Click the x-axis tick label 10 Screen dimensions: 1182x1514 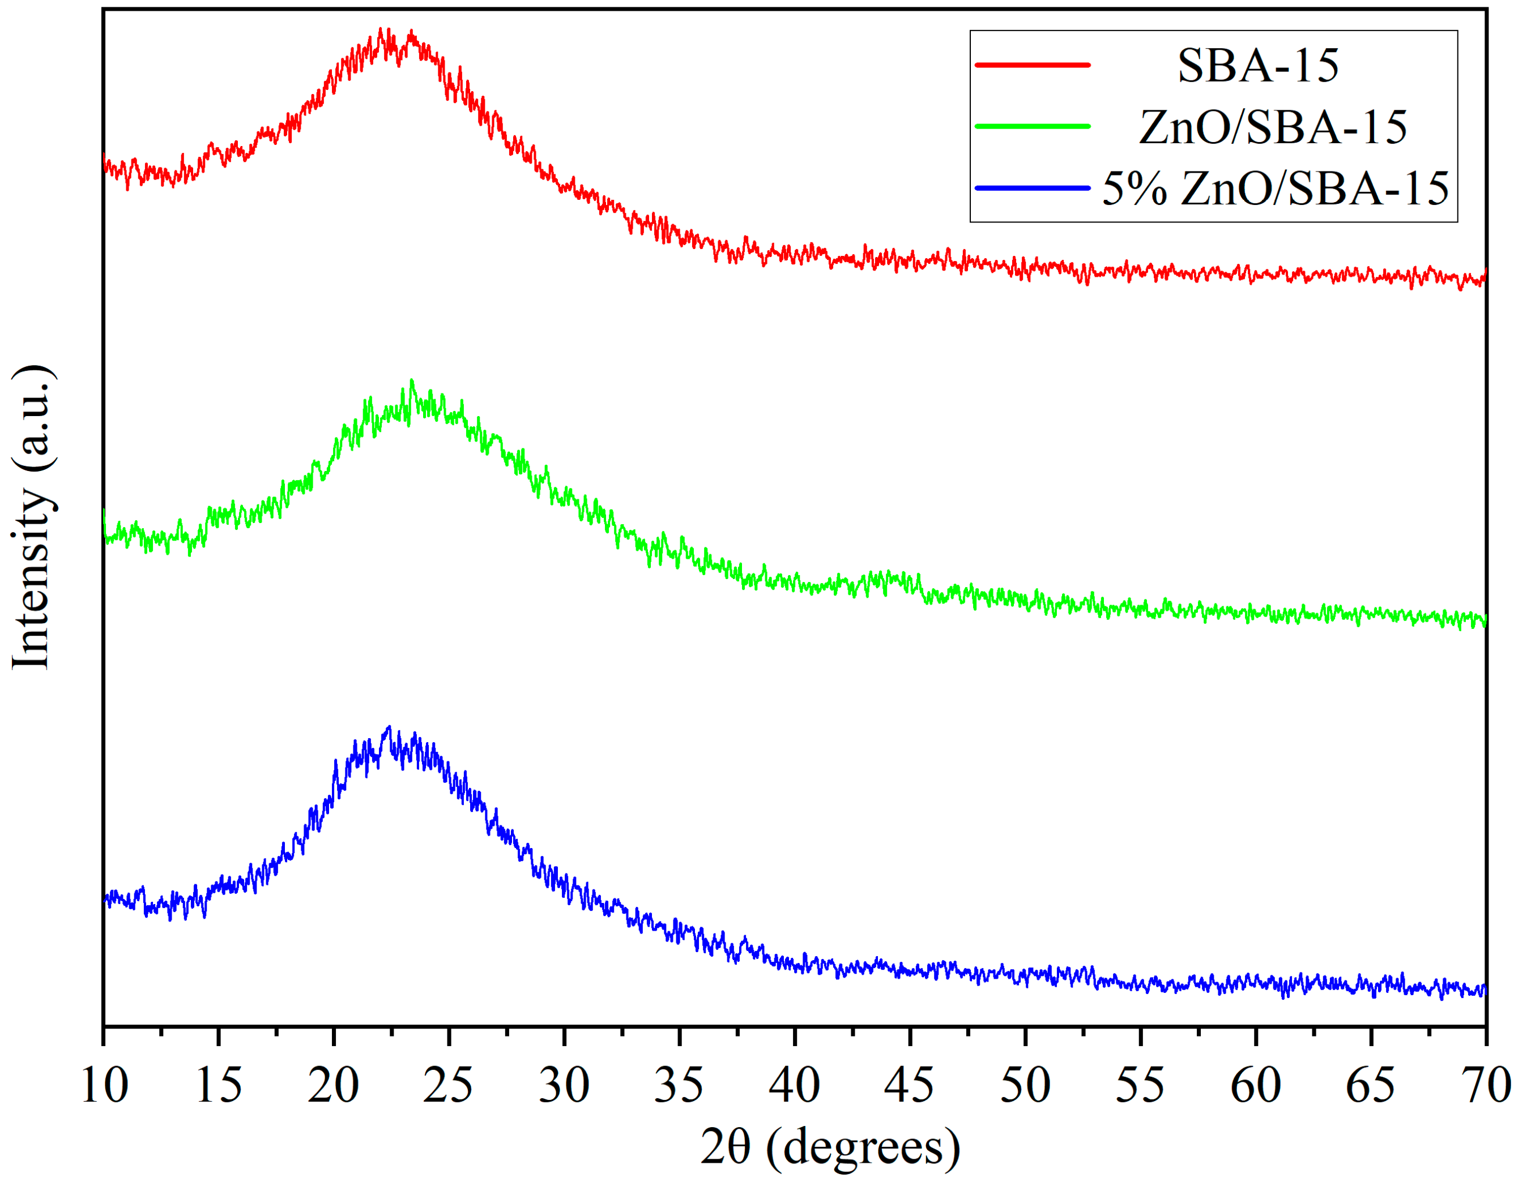pos(104,1086)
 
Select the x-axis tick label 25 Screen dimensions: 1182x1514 pos(449,1086)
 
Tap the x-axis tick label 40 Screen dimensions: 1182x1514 pos(795,1086)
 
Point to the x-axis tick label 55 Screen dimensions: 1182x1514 pos(1140,1086)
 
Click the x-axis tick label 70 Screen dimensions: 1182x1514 pos(1485,1086)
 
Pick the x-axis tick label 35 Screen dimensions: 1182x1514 pos(679,1086)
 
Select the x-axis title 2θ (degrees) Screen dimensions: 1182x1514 pos(830,1147)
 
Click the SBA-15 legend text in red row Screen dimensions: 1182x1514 pos(1257,66)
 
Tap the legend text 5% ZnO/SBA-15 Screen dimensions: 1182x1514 pos(1276,188)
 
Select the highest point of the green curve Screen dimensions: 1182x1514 pos(412,380)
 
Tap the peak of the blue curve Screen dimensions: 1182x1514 pos(389,727)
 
